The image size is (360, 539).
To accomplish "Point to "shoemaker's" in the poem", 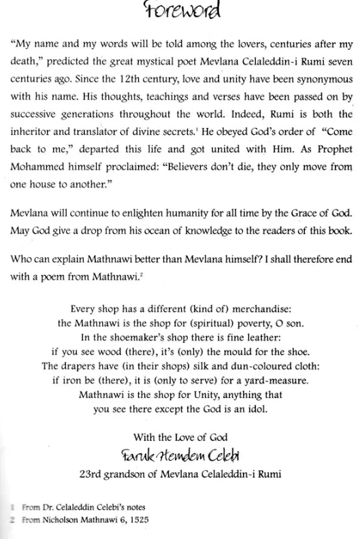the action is coord(134,322).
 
